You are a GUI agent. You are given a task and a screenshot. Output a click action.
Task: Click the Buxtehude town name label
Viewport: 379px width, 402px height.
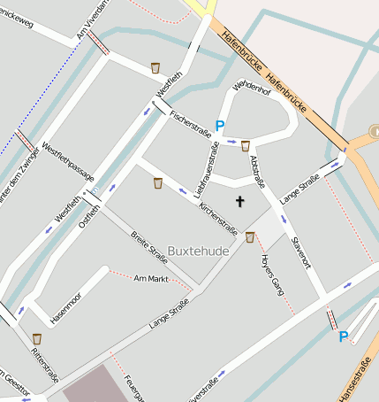pos(198,251)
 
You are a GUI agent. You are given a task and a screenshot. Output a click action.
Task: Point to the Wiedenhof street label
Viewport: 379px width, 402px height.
pos(251,93)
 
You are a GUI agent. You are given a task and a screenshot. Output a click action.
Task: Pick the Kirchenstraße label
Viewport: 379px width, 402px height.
pos(218,218)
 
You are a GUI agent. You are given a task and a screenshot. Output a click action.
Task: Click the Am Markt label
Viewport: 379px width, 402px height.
pos(150,279)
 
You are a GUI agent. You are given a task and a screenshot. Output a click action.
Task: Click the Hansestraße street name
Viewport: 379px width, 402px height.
pos(358,377)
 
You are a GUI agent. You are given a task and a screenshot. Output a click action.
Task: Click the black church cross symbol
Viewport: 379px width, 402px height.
pos(239,202)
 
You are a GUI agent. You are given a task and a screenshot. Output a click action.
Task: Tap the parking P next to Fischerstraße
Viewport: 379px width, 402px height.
pos(219,127)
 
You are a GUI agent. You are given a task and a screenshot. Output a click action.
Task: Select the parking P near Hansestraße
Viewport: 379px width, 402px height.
pos(344,336)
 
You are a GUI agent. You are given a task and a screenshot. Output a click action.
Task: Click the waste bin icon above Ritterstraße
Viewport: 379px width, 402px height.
pos(37,338)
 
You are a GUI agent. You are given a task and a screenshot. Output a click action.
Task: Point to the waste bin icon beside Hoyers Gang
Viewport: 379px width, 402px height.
pos(250,236)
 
